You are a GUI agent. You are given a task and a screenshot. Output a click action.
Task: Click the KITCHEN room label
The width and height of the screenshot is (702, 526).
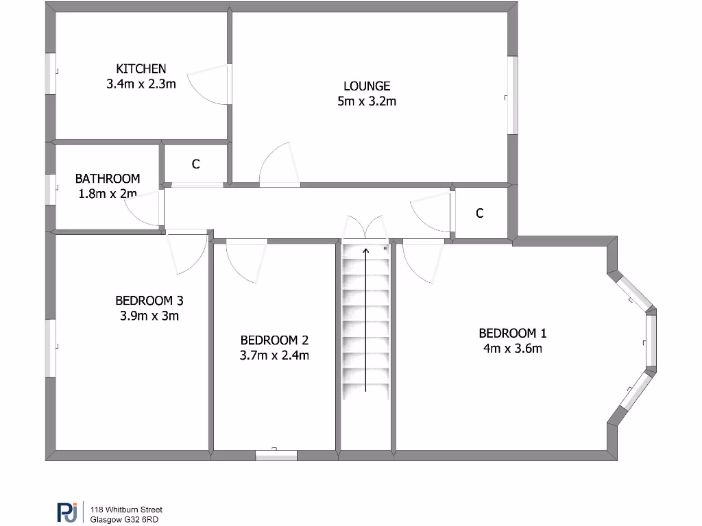pyautogui.click(x=141, y=68)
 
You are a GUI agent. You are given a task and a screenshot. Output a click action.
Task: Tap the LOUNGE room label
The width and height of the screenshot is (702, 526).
pyautogui.click(x=367, y=86)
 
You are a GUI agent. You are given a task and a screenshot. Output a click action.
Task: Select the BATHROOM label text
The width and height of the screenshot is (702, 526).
pyautogui.click(x=108, y=178)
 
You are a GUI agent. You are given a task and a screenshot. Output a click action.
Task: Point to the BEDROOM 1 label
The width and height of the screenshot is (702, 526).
pyautogui.click(x=512, y=333)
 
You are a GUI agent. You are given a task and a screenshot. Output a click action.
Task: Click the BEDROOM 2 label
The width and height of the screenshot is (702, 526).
pyautogui.click(x=274, y=340)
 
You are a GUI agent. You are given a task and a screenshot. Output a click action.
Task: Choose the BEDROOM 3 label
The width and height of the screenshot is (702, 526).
pyautogui.click(x=149, y=300)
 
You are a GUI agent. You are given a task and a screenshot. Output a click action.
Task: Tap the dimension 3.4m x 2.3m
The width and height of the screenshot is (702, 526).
pyautogui.click(x=141, y=84)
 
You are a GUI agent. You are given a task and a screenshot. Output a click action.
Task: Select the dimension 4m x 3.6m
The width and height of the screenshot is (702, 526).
pyautogui.click(x=512, y=349)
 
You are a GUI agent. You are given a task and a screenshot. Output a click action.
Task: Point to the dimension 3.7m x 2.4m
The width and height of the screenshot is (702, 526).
pyautogui.click(x=274, y=355)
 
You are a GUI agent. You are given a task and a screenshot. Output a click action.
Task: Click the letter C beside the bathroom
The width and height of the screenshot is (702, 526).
pyautogui.click(x=195, y=164)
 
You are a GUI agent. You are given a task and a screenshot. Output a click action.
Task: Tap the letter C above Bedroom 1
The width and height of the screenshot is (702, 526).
pyautogui.click(x=480, y=213)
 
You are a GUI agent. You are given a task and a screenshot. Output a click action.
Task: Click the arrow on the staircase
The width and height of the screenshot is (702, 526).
pyautogui.click(x=366, y=319)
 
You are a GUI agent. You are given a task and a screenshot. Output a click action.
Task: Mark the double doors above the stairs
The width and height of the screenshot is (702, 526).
pyautogui.click(x=365, y=229)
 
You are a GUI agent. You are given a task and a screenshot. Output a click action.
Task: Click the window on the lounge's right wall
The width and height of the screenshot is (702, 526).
pyautogui.click(x=512, y=95)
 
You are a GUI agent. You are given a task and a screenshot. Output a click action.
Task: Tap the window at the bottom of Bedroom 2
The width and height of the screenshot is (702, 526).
pyautogui.click(x=276, y=454)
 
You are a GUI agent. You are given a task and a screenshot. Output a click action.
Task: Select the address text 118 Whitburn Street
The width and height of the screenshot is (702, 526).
pyautogui.click(x=127, y=510)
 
